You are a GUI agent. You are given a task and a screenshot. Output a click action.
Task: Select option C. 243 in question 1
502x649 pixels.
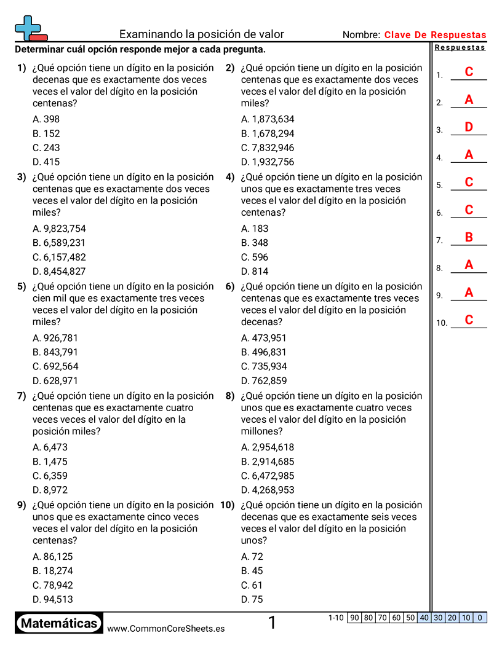47,147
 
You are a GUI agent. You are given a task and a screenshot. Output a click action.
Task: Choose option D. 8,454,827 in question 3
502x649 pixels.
59,271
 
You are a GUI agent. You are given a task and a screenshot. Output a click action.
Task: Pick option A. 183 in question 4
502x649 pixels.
255,229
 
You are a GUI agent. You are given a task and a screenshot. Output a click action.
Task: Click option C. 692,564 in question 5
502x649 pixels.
55,366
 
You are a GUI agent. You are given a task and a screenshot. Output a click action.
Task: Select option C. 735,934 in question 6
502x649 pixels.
264,366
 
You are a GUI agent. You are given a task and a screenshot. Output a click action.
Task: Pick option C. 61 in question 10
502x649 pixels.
252,585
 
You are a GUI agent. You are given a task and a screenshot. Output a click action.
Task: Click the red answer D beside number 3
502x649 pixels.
469,127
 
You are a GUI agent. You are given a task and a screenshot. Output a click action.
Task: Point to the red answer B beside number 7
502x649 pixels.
469,237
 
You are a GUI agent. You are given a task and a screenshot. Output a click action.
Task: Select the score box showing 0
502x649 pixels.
480,618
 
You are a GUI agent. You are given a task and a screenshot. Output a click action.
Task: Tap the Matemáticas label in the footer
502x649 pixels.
59,624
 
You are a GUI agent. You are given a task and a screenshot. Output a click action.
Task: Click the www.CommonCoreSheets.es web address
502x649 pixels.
165,629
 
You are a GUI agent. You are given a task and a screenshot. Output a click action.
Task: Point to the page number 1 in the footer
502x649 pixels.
272,623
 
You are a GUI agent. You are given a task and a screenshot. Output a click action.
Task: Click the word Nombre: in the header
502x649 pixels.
361,35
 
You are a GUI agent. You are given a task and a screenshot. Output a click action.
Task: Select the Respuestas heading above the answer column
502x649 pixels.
460,47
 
